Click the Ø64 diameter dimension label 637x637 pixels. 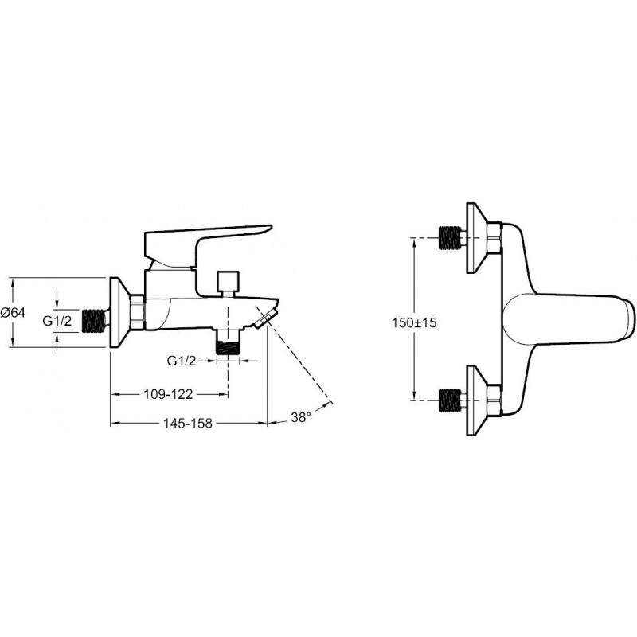coord(13,312)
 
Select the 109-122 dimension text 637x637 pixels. coord(168,393)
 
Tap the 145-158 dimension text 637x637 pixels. coord(188,424)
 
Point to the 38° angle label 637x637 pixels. coord(301,417)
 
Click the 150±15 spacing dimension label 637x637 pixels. coord(414,322)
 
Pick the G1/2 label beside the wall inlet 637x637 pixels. coord(57,321)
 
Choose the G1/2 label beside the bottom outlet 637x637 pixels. coord(182,361)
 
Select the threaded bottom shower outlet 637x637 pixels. coord(228,342)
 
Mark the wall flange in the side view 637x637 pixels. coord(120,312)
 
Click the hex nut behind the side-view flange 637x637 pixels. coord(137,312)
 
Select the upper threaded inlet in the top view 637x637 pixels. coord(450,238)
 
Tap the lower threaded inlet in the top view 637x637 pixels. coord(450,401)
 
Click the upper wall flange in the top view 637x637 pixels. coord(477,238)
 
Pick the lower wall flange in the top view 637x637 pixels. coord(477,401)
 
